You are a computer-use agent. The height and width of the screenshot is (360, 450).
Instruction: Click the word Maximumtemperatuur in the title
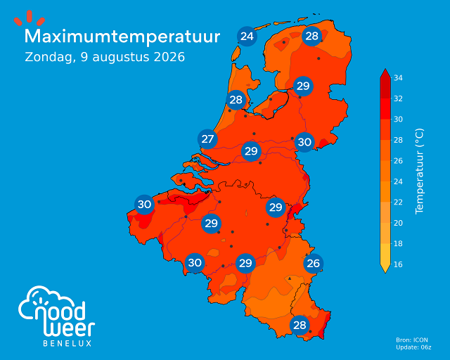point(122,37)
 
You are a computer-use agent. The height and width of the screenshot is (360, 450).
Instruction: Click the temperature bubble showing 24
point(247,36)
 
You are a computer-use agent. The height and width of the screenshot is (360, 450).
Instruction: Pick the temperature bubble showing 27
point(207,139)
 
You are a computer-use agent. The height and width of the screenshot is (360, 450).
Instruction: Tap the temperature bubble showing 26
point(313,263)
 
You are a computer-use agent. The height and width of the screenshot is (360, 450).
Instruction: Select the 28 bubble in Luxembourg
point(300,326)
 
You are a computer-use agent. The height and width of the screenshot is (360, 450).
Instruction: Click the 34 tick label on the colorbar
point(398,78)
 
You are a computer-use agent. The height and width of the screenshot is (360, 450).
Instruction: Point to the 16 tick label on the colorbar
point(398,264)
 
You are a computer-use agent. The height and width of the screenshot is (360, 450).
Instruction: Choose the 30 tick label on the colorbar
point(398,119)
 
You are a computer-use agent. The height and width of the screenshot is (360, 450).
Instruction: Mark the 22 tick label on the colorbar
point(398,202)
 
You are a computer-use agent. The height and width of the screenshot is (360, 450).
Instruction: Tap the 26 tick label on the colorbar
point(398,161)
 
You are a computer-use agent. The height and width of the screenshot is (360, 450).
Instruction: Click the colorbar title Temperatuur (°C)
point(419,171)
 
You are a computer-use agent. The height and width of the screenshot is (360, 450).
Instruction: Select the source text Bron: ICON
point(412,340)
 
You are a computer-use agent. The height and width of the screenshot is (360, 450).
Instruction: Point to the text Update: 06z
point(413,347)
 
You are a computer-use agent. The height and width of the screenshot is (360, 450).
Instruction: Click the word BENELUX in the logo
point(67,343)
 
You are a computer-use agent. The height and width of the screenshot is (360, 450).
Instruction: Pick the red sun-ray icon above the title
point(30,18)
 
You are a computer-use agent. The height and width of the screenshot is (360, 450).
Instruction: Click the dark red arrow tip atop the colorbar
point(385,73)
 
